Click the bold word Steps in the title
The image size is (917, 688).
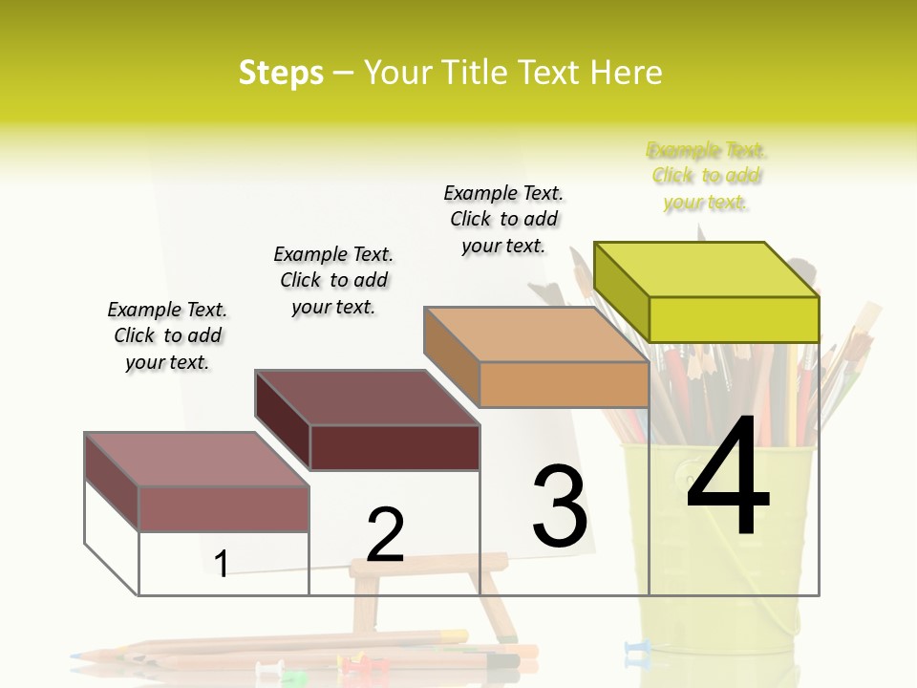point(281,73)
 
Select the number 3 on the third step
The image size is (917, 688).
point(559,506)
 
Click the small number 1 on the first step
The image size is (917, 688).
point(222,565)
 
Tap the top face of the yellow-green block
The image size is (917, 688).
point(707,269)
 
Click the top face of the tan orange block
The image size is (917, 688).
point(536,334)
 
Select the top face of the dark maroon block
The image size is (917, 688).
point(367,398)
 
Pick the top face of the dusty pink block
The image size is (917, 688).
point(196,460)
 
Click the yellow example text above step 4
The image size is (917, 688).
point(706,176)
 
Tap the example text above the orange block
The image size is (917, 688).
point(503,219)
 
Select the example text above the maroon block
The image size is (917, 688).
point(333,280)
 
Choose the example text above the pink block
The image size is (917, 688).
point(167,335)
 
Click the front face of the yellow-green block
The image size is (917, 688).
point(734,319)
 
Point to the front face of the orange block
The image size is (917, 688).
point(564,385)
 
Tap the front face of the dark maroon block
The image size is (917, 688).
point(395,447)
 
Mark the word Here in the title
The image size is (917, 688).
point(628,73)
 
